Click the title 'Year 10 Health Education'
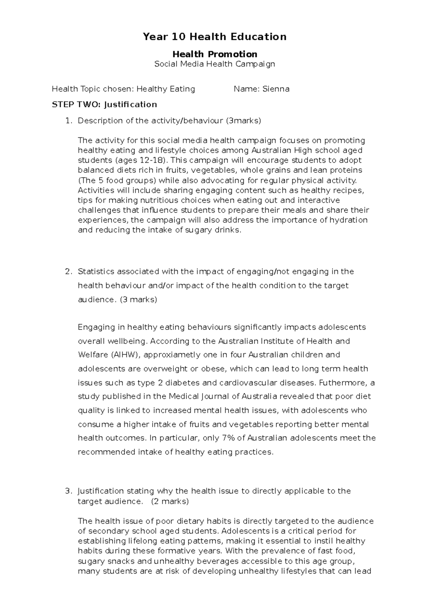coord(215,37)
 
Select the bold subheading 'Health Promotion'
coord(215,54)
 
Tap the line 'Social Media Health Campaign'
coord(215,64)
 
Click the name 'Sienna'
coord(276,89)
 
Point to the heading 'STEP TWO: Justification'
coord(104,104)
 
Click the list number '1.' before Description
coord(68,120)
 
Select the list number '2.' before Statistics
coord(68,271)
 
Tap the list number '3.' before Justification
coord(68,491)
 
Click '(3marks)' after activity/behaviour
coord(243,120)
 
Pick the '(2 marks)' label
coord(170,501)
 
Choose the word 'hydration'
coord(348,220)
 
